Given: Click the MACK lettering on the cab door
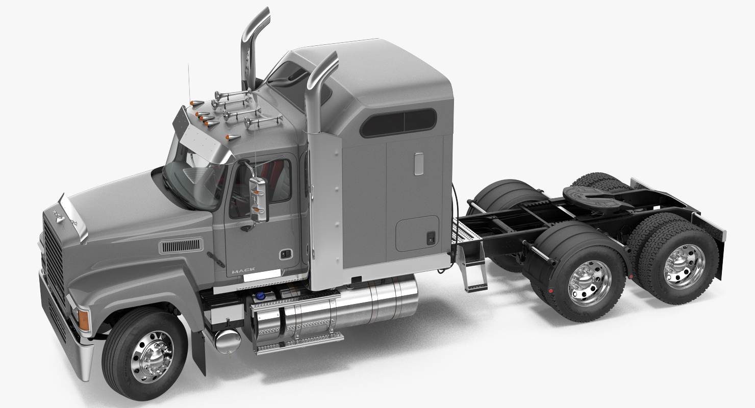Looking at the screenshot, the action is tap(243, 270).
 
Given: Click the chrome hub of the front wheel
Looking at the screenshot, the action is tap(153, 357).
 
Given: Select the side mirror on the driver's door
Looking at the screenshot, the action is tap(259, 199).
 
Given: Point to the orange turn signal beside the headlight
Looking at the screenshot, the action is tap(84, 320).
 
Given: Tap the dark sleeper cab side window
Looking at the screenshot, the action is tap(398, 122).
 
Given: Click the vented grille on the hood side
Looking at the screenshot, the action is tap(181, 246).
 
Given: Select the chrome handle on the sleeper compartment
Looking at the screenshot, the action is tap(419, 164).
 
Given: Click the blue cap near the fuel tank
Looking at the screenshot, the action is tap(260, 296).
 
